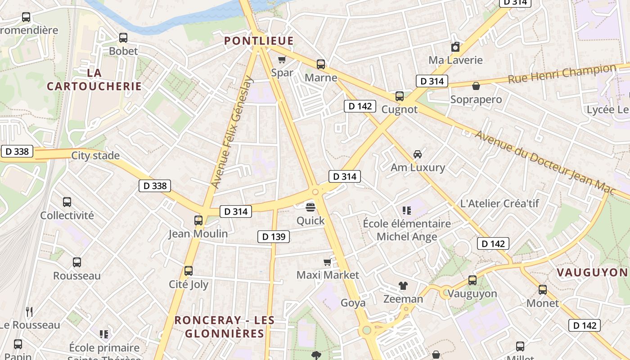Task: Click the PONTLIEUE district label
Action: [x=259, y=41]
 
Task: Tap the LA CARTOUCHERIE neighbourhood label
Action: [x=94, y=79]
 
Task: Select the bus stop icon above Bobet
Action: [x=123, y=38]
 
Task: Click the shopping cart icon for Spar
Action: [x=282, y=59]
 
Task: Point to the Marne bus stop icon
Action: [x=321, y=64]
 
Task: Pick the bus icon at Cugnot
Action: [x=399, y=96]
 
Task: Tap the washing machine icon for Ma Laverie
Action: [x=455, y=47]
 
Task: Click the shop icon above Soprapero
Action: [x=476, y=86]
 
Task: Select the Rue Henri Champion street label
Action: [x=562, y=74]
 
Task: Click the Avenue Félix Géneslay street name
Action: [x=233, y=132]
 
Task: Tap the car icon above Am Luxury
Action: [x=418, y=154]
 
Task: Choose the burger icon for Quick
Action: [x=310, y=207]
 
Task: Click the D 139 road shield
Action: [x=273, y=236]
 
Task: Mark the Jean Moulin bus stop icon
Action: [x=198, y=220]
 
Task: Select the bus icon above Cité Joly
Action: [x=189, y=271]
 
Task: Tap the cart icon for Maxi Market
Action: [x=328, y=262]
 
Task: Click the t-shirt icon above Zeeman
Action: [x=403, y=286]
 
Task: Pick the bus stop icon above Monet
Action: [x=543, y=290]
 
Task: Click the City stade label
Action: [x=95, y=156]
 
